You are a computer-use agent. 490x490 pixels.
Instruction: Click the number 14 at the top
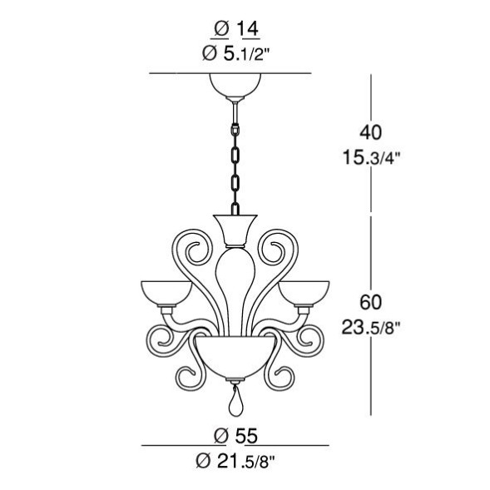(x=248, y=29)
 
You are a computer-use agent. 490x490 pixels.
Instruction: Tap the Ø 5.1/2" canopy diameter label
(x=235, y=54)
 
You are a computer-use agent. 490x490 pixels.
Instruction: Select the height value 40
(x=371, y=132)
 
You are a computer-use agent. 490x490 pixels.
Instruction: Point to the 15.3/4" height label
(x=371, y=157)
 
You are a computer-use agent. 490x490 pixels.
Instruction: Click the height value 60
(x=371, y=302)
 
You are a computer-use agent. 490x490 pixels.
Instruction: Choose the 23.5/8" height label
(x=371, y=328)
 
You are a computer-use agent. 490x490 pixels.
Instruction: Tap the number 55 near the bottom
(x=246, y=435)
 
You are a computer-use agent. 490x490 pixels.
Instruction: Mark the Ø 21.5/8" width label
(x=235, y=461)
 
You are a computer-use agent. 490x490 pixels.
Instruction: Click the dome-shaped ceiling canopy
(x=235, y=84)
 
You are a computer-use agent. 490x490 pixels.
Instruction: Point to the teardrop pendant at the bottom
(x=235, y=402)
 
